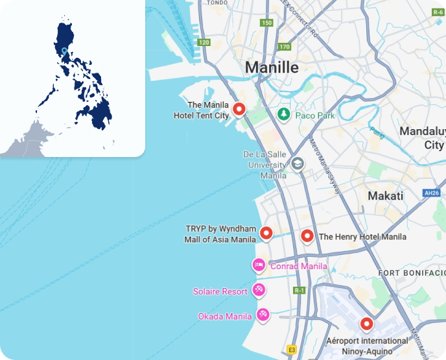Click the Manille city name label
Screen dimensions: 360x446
click(272, 67)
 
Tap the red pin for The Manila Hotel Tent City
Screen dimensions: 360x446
click(239, 110)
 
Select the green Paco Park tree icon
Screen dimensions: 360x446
click(283, 115)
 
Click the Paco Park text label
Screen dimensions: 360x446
click(315, 115)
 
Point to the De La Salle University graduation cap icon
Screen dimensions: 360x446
click(298, 163)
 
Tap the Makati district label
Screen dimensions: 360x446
click(385, 195)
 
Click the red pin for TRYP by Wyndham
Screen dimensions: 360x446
click(266, 234)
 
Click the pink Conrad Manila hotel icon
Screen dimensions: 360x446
click(259, 265)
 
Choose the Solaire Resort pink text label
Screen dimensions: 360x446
click(220, 292)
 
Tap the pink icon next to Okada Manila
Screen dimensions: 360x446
click(263, 316)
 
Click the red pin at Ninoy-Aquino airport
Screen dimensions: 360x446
click(367, 324)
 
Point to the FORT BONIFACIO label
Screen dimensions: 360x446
click(412, 272)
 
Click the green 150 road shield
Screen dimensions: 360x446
click(266, 23)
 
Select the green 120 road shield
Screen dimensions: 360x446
click(204, 42)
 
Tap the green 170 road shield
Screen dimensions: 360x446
click(285, 47)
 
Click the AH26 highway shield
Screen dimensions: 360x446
click(431, 193)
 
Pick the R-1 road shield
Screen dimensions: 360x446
click(299, 290)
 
